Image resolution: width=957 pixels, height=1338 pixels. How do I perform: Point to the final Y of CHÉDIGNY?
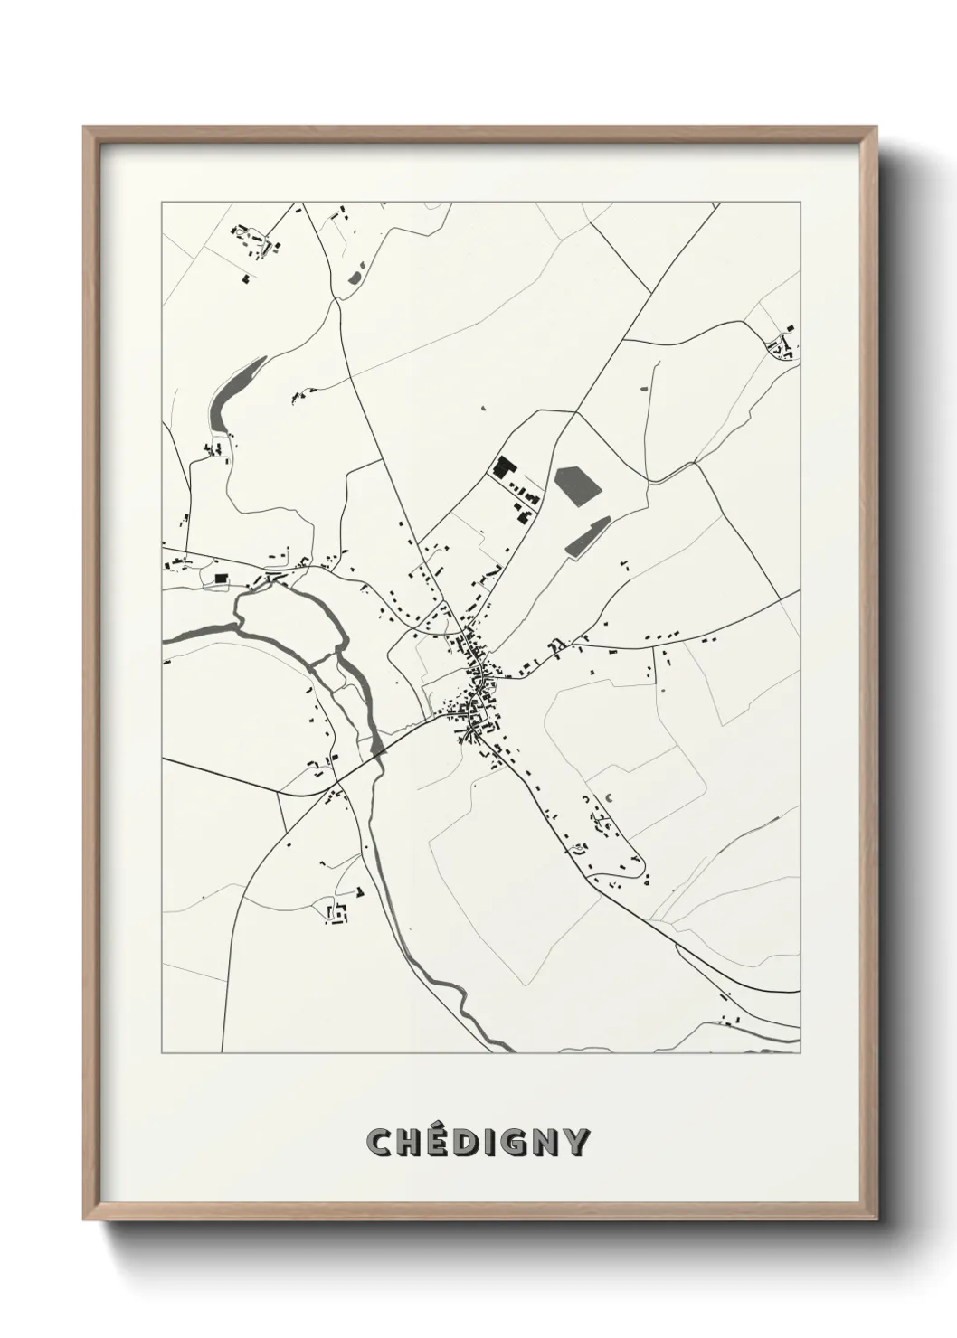576,1143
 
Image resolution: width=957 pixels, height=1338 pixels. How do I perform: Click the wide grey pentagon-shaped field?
577,486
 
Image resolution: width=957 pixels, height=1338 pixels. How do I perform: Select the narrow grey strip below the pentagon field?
585,537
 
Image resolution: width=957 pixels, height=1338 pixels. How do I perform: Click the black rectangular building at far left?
220,577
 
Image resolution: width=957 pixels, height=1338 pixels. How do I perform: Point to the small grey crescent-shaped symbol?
608,796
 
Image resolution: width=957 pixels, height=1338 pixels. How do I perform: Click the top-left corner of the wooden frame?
84,127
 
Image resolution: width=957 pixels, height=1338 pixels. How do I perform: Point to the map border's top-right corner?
801,203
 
